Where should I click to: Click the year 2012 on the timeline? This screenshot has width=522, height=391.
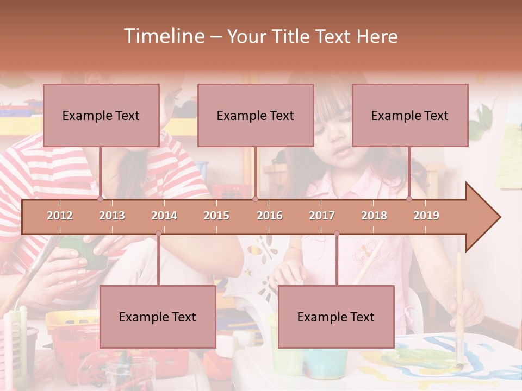(x=60, y=216)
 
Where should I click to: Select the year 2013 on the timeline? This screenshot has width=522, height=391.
(x=112, y=216)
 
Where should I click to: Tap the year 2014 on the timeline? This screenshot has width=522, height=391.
(x=164, y=216)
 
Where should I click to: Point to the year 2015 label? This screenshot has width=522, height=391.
(x=216, y=216)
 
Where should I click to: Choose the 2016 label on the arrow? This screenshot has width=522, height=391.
(x=270, y=216)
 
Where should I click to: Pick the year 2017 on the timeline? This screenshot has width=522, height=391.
(x=322, y=216)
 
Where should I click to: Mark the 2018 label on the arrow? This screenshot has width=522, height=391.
(x=374, y=216)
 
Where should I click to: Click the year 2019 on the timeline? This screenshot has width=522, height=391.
(x=426, y=216)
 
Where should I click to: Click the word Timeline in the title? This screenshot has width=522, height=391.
(x=163, y=36)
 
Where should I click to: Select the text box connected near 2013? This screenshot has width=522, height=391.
(x=101, y=115)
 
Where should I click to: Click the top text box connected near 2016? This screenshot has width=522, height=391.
(x=256, y=115)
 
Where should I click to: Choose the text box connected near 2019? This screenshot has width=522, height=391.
(x=410, y=115)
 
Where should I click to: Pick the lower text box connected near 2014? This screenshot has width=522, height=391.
(x=158, y=317)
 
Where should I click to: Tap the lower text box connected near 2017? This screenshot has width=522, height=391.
(x=336, y=317)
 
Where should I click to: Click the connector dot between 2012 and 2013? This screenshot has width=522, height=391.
(x=101, y=199)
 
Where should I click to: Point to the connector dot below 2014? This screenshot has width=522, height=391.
(x=158, y=234)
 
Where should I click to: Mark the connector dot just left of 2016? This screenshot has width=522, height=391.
(x=255, y=199)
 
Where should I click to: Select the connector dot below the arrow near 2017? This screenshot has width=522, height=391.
(x=337, y=234)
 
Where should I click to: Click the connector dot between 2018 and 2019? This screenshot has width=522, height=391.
(x=409, y=199)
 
